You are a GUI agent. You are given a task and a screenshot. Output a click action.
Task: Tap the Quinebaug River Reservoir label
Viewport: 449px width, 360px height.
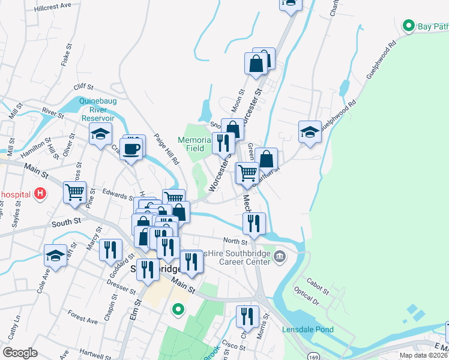point(95,110)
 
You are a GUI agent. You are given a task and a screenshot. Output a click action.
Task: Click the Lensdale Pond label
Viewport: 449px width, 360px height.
point(308,329)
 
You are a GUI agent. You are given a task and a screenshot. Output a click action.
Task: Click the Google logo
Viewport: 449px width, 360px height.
point(20,353)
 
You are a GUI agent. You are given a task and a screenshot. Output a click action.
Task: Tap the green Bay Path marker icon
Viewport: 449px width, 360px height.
point(409,26)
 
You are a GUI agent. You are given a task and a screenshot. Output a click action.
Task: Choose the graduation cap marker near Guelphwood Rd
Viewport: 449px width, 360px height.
point(310,132)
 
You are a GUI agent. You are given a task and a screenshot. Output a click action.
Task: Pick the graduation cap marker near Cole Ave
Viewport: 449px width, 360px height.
point(55,256)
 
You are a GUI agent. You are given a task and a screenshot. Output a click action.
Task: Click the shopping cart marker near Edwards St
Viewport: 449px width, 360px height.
point(75,193)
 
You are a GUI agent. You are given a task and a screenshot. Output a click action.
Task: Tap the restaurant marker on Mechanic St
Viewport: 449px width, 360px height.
point(254,223)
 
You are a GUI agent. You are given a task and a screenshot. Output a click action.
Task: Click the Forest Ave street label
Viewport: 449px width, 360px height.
point(83,320)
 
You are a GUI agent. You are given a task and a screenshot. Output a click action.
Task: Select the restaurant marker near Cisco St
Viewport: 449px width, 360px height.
point(247,316)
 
